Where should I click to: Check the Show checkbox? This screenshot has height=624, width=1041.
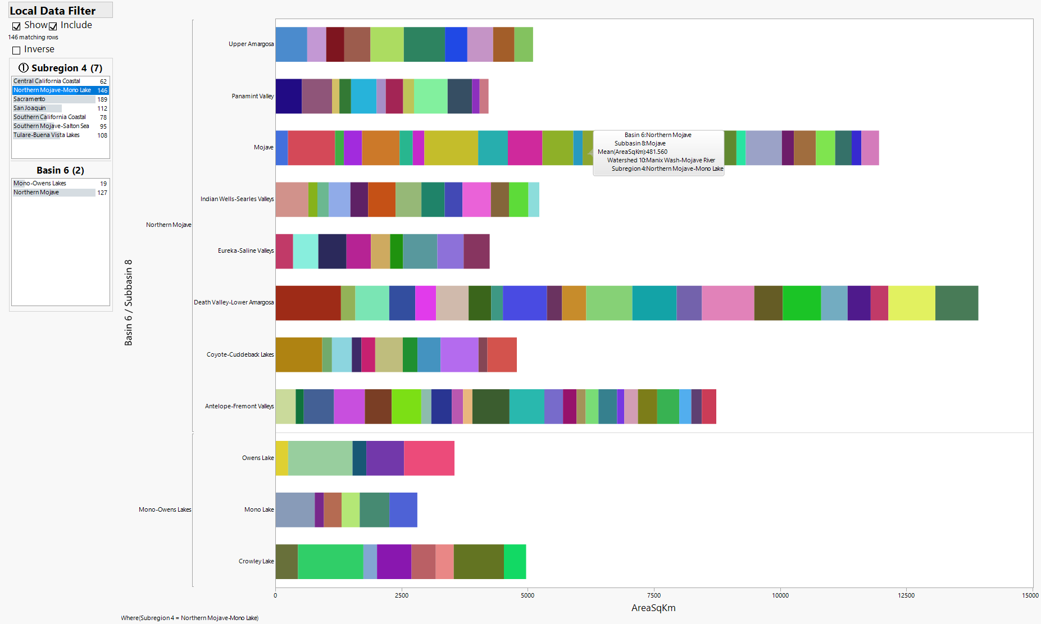click(17, 26)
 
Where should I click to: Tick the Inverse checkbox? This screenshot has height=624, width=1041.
click(17, 50)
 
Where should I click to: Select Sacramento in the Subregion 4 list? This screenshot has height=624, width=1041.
click(29, 99)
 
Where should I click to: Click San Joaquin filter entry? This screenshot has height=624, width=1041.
click(30, 108)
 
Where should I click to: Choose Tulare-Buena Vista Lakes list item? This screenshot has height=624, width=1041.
click(47, 135)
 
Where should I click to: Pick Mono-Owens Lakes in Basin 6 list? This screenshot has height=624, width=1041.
click(40, 184)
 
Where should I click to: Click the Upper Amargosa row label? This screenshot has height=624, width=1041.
click(251, 44)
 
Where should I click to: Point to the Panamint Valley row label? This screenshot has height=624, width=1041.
click(252, 97)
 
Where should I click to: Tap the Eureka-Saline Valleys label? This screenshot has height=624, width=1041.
click(246, 251)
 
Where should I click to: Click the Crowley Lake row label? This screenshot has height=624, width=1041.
click(256, 562)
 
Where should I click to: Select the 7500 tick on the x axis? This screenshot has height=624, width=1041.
click(654, 595)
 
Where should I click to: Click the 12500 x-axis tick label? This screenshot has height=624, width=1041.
click(906, 595)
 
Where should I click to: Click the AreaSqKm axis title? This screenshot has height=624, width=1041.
click(653, 608)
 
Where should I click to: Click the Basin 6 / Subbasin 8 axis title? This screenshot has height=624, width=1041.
click(129, 303)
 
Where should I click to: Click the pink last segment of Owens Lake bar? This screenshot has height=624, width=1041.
click(429, 458)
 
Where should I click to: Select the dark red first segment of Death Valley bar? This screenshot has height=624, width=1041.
click(308, 303)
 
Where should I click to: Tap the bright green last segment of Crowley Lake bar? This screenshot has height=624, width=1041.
click(515, 562)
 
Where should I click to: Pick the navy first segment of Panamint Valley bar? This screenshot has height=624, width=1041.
click(288, 97)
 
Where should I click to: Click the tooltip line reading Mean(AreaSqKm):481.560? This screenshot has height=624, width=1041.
click(633, 152)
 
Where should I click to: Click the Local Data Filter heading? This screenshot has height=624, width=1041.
click(53, 11)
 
